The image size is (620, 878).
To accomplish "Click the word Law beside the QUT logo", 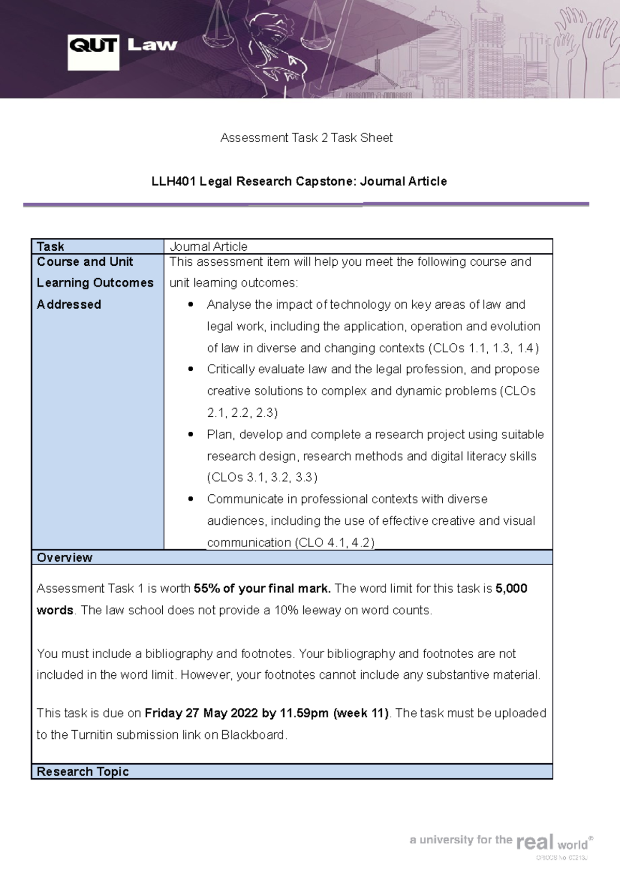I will pyautogui.click(x=152, y=46).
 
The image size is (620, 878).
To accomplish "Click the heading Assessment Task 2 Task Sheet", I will pyautogui.click(x=306, y=138).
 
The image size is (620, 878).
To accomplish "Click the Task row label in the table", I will pyautogui.click(x=51, y=247).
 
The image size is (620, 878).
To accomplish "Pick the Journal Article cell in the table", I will pyautogui.click(x=209, y=247).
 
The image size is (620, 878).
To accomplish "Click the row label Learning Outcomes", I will pyautogui.click(x=95, y=283).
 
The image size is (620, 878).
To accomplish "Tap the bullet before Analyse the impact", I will pyautogui.click(x=191, y=305).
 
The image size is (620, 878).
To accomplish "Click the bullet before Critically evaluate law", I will pyautogui.click(x=191, y=369).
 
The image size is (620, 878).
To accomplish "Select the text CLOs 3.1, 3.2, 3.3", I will pyautogui.click(x=262, y=477).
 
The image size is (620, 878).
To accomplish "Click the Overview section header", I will pyautogui.click(x=65, y=557).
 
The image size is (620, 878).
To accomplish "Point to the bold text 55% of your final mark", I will pyautogui.click(x=262, y=588).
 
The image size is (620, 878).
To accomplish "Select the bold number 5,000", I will pyautogui.click(x=511, y=588).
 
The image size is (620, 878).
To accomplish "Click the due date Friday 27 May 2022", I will pyautogui.click(x=201, y=713).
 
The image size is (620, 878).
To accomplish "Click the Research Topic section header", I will pyautogui.click(x=83, y=771).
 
